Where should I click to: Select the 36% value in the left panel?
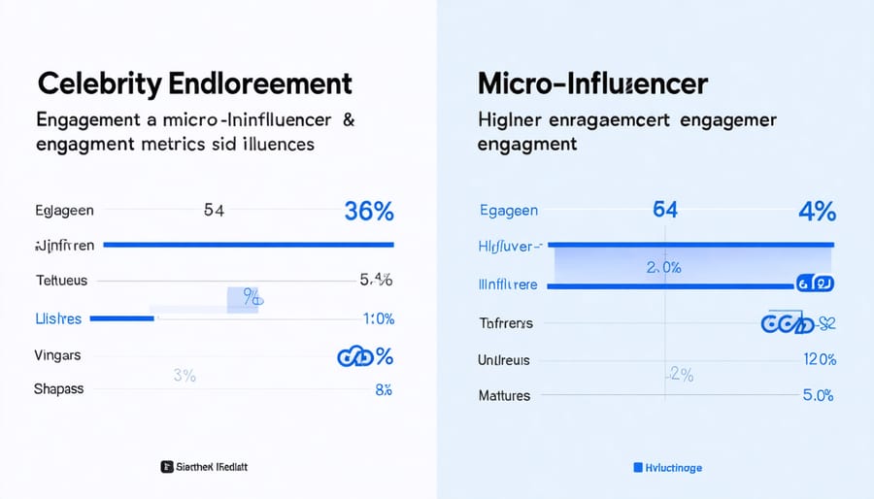pyautogui.click(x=368, y=211)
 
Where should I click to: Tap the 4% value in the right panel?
pyautogui.click(x=816, y=211)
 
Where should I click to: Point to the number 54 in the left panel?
pyautogui.click(x=216, y=210)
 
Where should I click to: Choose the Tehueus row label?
pyautogui.click(x=61, y=281)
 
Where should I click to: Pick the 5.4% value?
pyautogui.click(x=376, y=281)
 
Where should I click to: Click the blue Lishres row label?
pyautogui.click(x=58, y=317)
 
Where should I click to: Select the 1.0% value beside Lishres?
pyautogui.click(x=377, y=317)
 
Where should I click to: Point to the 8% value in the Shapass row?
pyautogui.click(x=383, y=389)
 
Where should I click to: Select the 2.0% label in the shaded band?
pyautogui.click(x=664, y=268)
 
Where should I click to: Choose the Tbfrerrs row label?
pyautogui.click(x=506, y=322)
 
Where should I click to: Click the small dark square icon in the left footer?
pyautogui.click(x=166, y=467)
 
